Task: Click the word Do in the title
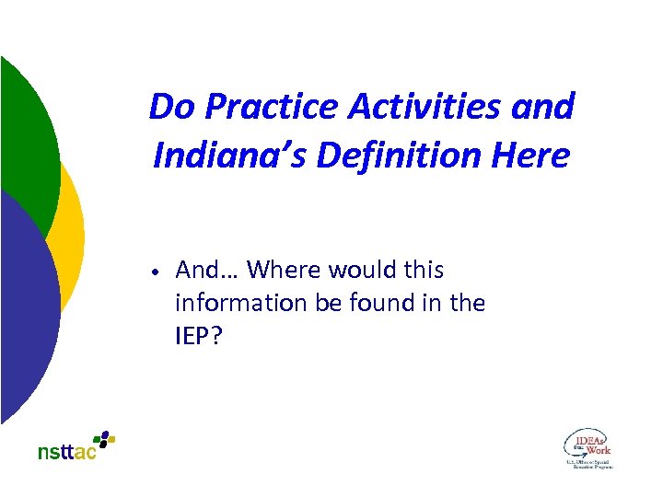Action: pyautogui.click(x=172, y=107)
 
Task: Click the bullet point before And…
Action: pyautogui.click(x=157, y=272)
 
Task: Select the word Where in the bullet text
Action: pyautogui.click(x=278, y=270)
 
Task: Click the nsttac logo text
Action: pyautogui.click(x=66, y=452)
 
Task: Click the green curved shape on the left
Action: pyautogui.click(x=28, y=138)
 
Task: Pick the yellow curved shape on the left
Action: pyautogui.click(x=72, y=230)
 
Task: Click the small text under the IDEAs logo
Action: pyautogui.click(x=589, y=463)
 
